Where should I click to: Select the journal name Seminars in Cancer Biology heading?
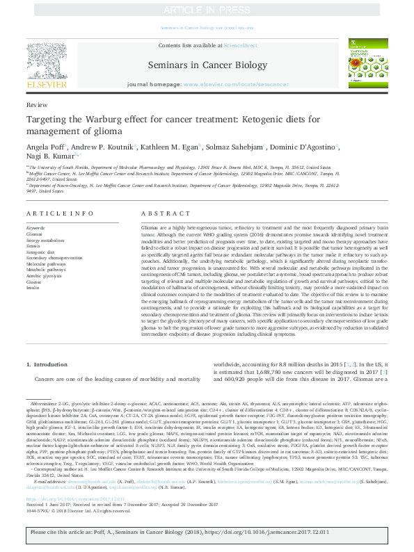click(207, 65)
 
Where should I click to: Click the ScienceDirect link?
click(241, 45)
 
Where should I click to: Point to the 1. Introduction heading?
click(47, 364)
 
